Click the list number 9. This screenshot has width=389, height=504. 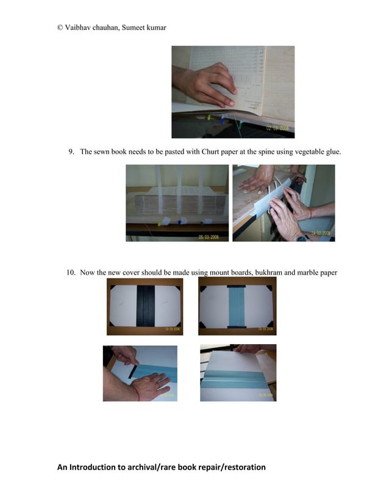[x=71, y=151]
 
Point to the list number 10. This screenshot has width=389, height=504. [x=71, y=272]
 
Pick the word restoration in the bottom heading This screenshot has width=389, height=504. [x=238, y=467]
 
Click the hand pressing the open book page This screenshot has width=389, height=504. [x=204, y=85]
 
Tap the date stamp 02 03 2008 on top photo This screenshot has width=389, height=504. [x=279, y=129]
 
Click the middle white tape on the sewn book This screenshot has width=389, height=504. [x=181, y=186]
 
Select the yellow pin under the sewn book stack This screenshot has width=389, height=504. [x=160, y=223]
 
